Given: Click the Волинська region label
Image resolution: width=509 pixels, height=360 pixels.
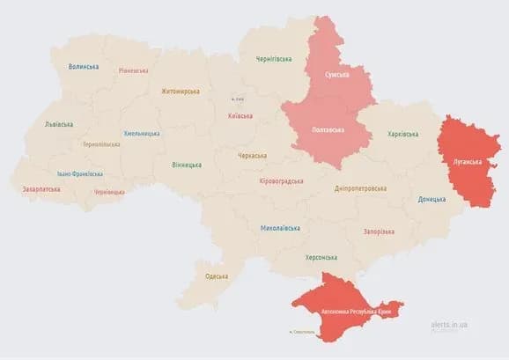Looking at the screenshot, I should pyautogui.click(x=84, y=66).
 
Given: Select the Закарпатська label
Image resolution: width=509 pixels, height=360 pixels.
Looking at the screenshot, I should pyautogui.click(x=41, y=188).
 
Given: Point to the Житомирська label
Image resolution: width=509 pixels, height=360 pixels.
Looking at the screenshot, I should pyautogui.click(x=180, y=91).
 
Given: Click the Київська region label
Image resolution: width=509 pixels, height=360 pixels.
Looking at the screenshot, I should pyautogui.click(x=240, y=115).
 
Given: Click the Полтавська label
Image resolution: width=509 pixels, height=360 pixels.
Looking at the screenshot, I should pyautogui.click(x=328, y=129).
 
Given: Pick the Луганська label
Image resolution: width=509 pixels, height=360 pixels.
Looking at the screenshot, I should pyautogui.click(x=467, y=162).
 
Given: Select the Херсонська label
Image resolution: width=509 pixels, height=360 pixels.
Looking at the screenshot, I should pyautogui.click(x=321, y=257).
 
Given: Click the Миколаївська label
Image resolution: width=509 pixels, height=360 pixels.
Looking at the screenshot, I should pyautogui.click(x=280, y=228).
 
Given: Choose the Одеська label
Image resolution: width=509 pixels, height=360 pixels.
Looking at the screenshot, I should pyautogui.click(x=217, y=276).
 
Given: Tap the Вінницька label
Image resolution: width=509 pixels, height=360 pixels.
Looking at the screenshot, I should pyautogui.click(x=186, y=165).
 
